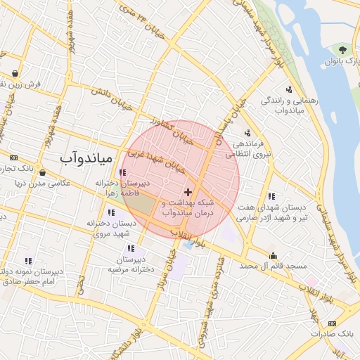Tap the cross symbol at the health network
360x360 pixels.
pos(188,192)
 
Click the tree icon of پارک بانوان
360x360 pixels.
pos(342,50)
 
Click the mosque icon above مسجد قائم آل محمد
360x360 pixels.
pos(273,255)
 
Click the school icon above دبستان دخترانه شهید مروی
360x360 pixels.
pos(111,212)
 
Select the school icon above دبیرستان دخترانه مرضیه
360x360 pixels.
pos(131,248)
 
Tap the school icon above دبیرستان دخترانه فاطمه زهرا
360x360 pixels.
pos(123,172)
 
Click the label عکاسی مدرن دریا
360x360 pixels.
pos(43,183)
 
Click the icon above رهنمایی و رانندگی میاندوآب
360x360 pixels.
pos(289,89)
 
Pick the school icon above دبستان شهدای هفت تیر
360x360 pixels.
pos(271,196)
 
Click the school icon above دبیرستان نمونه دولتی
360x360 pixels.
pos(28,261)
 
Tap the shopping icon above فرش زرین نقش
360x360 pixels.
pos(15,72)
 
